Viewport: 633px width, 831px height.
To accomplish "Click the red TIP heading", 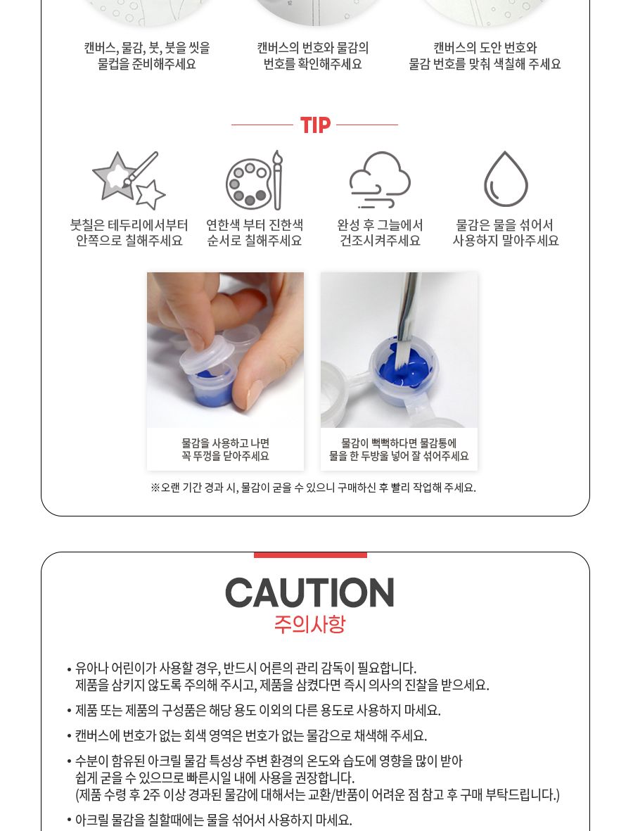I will click(x=315, y=125).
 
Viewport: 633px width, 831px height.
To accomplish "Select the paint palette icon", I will click(x=254, y=180).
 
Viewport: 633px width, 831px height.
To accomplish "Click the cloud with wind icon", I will click(x=380, y=180).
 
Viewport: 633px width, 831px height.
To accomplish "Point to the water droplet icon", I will click(x=505, y=179).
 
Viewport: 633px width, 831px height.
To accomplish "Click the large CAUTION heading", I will click(x=309, y=593).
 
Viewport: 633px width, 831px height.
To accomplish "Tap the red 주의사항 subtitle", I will click(x=309, y=624).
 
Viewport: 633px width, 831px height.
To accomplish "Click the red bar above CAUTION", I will click(x=310, y=554).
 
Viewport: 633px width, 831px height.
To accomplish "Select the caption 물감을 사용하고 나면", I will click(x=225, y=443).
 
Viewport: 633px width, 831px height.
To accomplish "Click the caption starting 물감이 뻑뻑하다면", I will click(x=399, y=443).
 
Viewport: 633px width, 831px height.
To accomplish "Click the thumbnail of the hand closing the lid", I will click(x=225, y=350).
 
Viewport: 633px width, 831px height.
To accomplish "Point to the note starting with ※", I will click(x=313, y=487).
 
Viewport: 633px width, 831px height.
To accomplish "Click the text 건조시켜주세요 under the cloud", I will click(x=380, y=241).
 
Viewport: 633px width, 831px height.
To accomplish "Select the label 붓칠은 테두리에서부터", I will click(x=129, y=225).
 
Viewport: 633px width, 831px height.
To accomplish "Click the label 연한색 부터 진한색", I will click(x=254, y=225).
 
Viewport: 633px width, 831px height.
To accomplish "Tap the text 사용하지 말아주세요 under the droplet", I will click(x=505, y=241).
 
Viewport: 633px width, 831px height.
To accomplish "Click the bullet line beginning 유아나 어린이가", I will click(x=245, y=668).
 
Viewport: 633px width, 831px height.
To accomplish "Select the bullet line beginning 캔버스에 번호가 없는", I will click(x=250, y=735).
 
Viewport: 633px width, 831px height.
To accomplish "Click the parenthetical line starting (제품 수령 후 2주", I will click(x=317, y=794).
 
